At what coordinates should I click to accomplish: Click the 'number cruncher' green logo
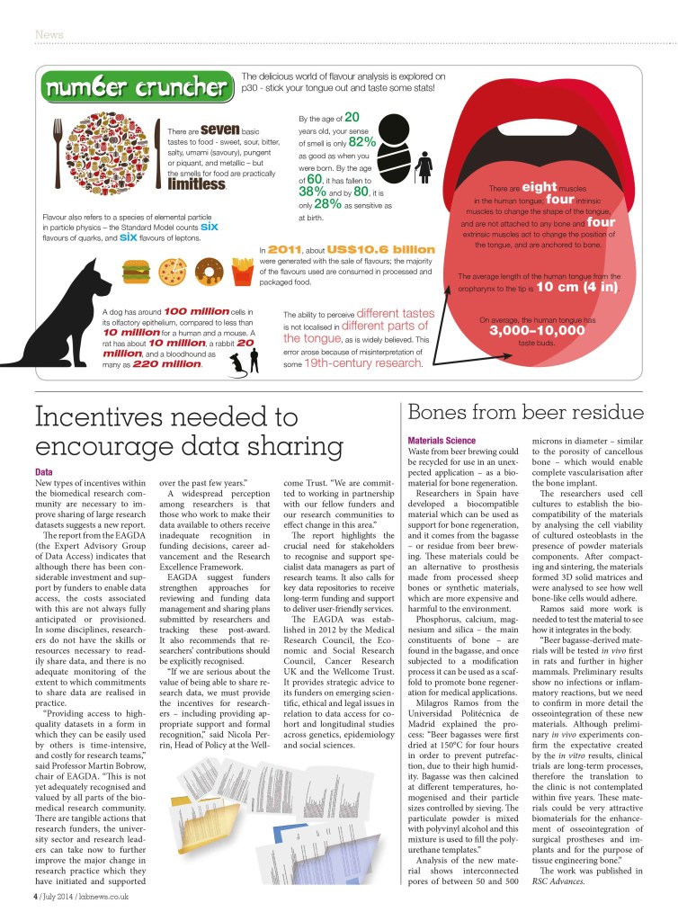tap(137, 89)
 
